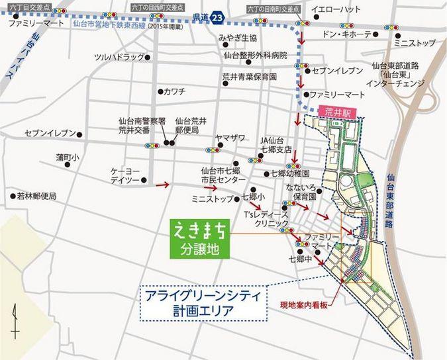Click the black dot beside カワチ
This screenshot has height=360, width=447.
160,91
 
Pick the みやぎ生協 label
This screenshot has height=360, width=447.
238,38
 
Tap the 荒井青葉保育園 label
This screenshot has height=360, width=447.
249,77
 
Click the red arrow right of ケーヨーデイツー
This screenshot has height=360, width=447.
162,184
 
